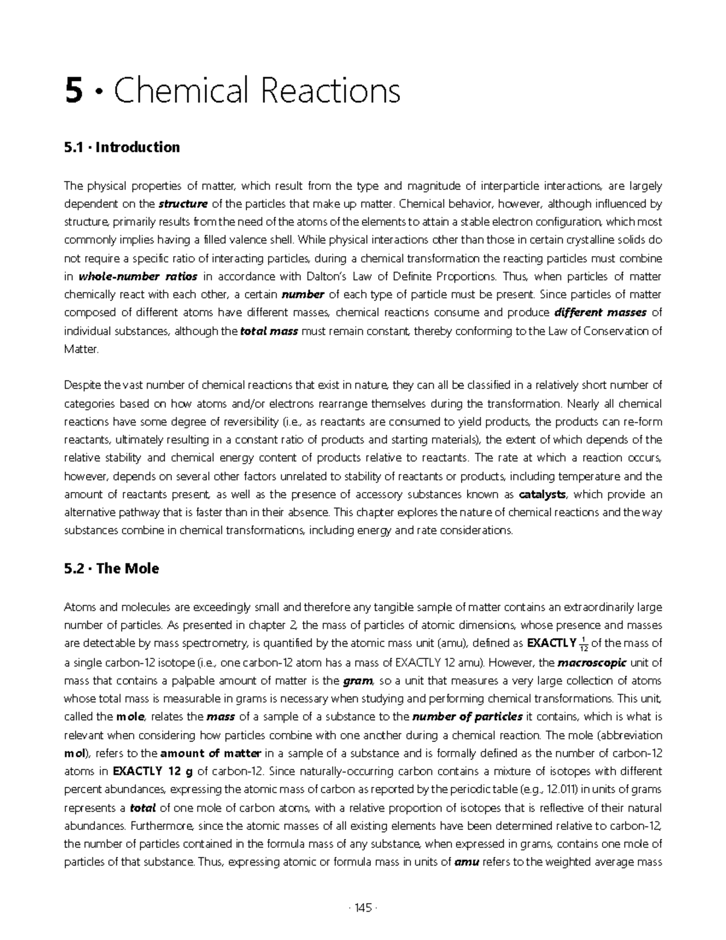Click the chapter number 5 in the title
[73, 92]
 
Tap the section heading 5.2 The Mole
[111, 569]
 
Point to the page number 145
[363, 907]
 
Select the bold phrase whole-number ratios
[138, 277]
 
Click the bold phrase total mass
[269, 332]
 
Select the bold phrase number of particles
[467, 717]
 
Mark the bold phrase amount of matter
[210, 754]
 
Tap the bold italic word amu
[466, 863]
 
